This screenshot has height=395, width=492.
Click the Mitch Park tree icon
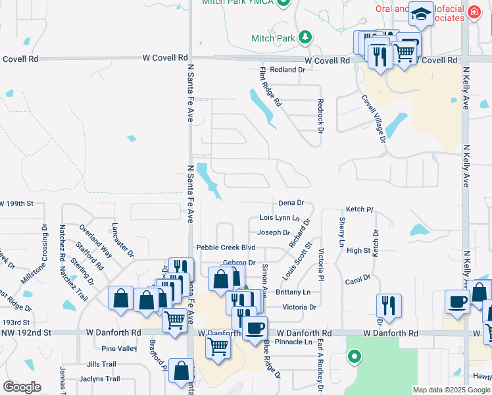coord(305,36)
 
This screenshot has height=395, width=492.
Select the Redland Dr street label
coord(283,69)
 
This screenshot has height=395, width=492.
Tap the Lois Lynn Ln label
coord(280,217)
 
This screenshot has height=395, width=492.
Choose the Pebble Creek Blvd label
coord(226,248)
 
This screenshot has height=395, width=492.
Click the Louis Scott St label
coord(299,259)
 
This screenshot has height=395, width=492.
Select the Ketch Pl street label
coord(359,209)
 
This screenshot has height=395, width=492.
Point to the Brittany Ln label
coord(293,292)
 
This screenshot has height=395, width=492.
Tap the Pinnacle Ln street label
coord(294,342)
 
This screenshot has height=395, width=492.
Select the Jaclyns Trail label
coord(99,379)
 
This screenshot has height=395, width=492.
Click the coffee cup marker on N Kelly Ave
coord(456,302)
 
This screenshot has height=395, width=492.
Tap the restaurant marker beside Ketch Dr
coord(389,305)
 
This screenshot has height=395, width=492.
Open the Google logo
coord(22,387)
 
